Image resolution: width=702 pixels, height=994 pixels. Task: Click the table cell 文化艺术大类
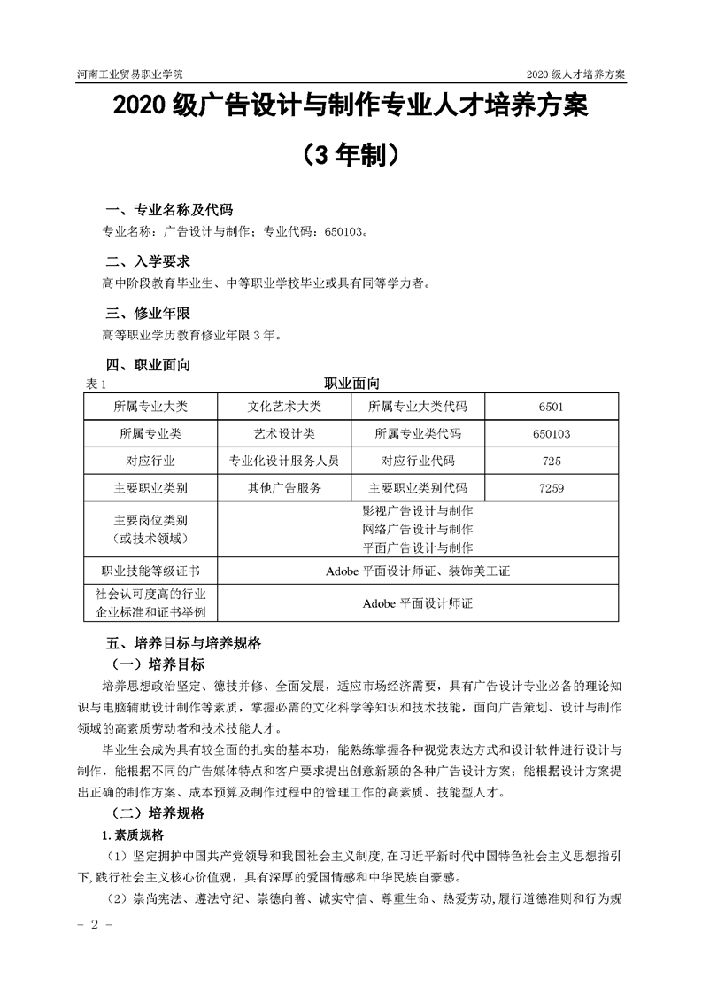284,407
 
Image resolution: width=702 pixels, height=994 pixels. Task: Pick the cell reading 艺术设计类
284,434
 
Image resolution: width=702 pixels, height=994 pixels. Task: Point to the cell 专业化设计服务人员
284,461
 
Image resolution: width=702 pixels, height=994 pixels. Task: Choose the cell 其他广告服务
284,488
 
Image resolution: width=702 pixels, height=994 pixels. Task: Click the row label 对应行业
150,461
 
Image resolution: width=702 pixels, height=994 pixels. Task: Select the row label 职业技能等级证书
150,571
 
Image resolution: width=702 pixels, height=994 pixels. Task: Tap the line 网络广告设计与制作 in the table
418,530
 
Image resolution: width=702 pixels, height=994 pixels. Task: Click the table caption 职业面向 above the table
351,383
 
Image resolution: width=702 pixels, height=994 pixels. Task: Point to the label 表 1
96,384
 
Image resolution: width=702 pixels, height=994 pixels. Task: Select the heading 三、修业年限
147,313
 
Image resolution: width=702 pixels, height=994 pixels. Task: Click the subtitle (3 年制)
351,155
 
